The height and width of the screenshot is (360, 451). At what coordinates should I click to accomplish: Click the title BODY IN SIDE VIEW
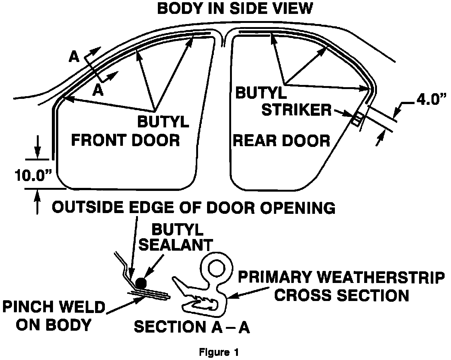click(x=235, y=8)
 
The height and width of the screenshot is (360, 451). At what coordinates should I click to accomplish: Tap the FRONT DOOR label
click(x=126, y=140)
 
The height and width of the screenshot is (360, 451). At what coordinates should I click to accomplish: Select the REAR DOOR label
click(x=281, y=141)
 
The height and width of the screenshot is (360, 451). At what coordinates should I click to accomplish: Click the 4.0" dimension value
click(x=425, y=102)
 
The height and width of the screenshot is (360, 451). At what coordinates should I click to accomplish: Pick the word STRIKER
click(x=295, y=110)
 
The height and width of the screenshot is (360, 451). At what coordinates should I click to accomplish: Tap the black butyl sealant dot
click(x=141, y=283)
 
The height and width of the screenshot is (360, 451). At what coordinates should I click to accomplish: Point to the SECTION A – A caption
click(x=192, y=327)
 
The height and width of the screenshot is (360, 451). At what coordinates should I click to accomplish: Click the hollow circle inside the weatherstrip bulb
click(x=216, y=268)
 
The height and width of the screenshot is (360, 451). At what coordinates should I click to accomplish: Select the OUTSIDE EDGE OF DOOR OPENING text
click(x=194, y=207)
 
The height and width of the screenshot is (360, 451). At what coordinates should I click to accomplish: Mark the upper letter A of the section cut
click(x=74, y=57)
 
